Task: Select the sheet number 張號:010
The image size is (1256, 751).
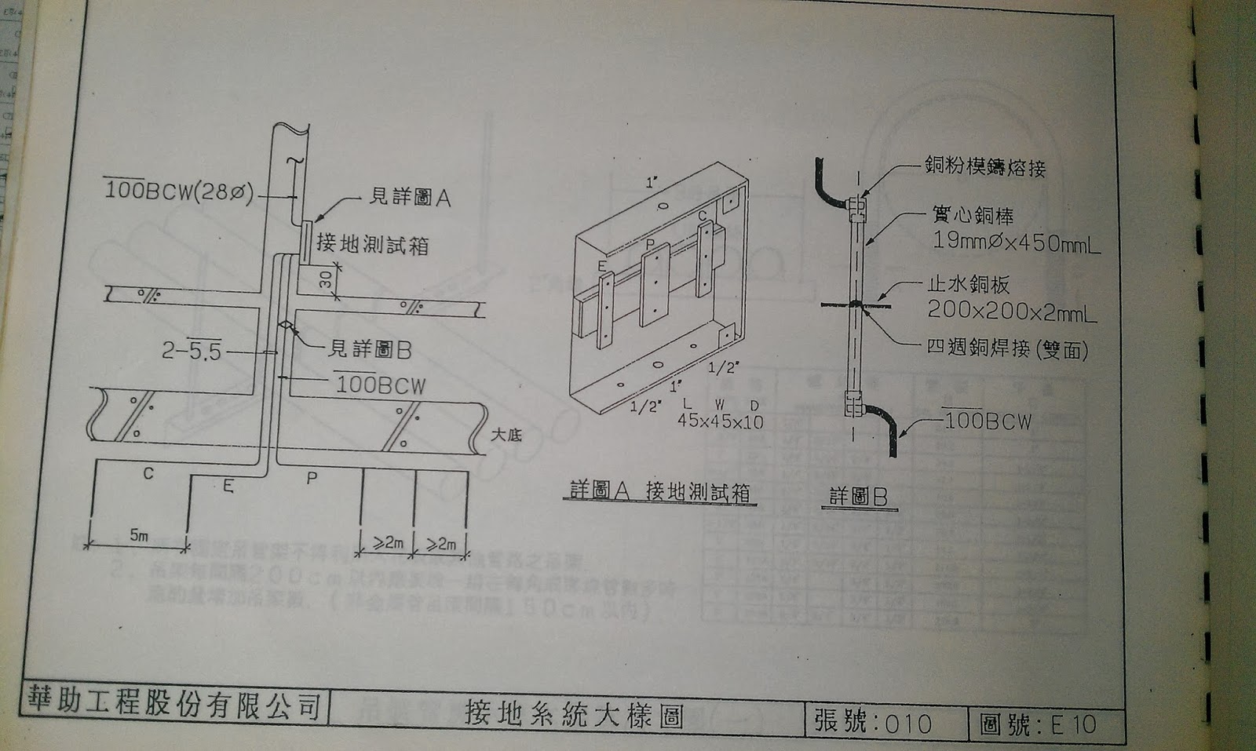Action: click(x=872, y=721)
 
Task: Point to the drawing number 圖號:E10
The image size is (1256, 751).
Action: click(x=1037, y=724)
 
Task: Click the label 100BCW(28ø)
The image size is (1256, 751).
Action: click(x=179, y=191)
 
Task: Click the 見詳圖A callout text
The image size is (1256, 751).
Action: click(x=410, y=197)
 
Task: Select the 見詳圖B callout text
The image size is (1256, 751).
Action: click(x=370, y=349)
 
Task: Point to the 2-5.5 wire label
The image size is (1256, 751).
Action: click(x=192, y=351)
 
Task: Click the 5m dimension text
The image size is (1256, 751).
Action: click(x=138, y=536)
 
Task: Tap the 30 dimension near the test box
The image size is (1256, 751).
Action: click(x=327, y=279)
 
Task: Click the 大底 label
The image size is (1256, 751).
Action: click(x=506, y=434)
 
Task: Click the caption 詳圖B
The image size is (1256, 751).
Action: click(x=859, y=497)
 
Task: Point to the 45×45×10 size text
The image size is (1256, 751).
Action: click(x=721, y=421)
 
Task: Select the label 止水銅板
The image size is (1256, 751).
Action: click(x=968, y=285)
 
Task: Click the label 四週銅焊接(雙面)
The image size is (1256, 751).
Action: click(x=1007, y=348)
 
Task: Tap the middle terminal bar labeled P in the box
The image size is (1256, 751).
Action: click(x=654, y=284)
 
